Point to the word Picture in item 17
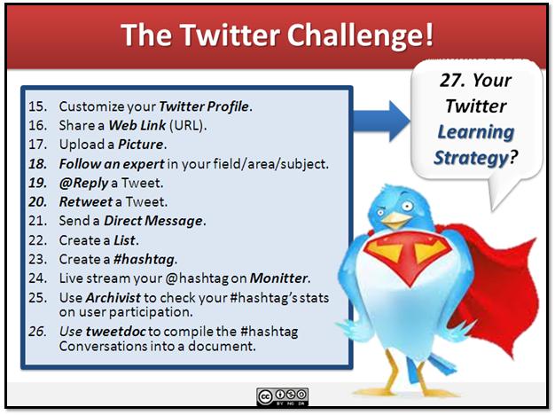point(145,145)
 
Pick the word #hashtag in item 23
point(144,259)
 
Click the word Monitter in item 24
point(279,278)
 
